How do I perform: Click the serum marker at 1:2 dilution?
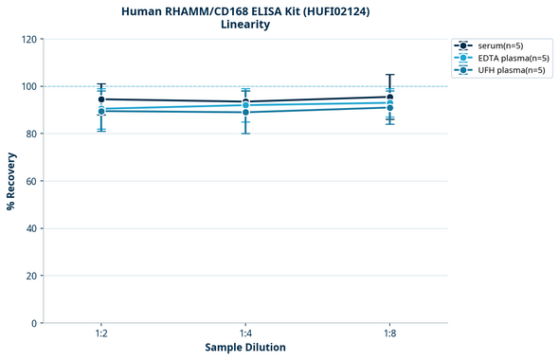(101, 99)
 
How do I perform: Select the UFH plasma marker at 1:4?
(245, 113)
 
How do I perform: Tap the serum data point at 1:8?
(389, 97)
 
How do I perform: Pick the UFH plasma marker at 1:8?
(389, 108)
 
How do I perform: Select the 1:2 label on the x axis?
(101, 334)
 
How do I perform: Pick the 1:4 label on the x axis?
(245, 334)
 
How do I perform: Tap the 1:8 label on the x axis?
(389, 334)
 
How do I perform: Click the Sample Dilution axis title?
(245, 348)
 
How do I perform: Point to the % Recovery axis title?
(11, 181)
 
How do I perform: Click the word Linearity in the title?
(244, 25)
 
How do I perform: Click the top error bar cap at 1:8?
(389, 75)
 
